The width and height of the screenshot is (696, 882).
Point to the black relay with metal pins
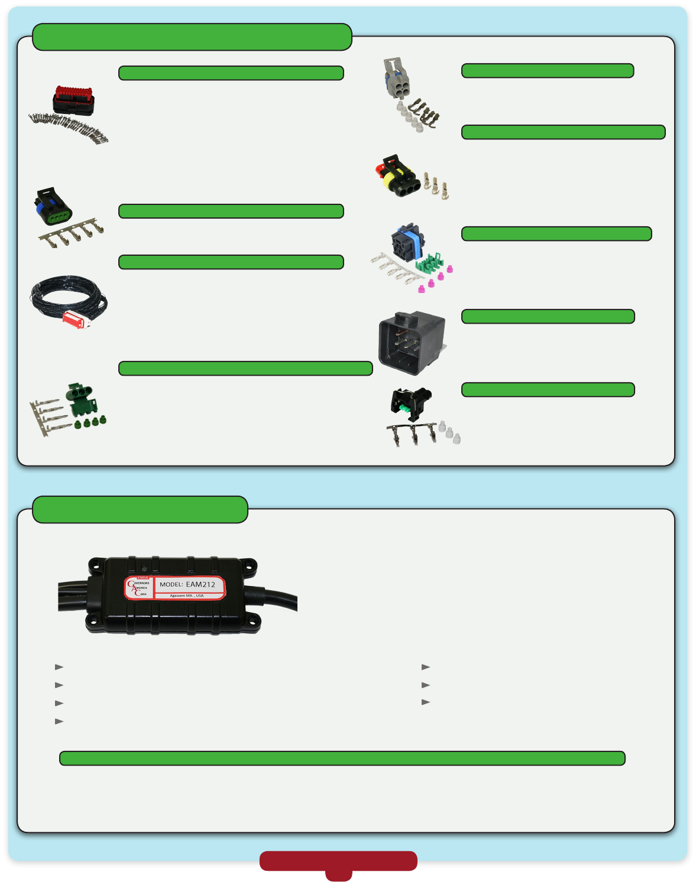412,342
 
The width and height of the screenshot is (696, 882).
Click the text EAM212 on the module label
200,584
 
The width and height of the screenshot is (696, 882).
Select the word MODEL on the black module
171,584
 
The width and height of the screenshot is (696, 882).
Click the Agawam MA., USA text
187,595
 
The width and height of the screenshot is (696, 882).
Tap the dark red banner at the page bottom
338,861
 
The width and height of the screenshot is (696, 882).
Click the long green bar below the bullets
342,758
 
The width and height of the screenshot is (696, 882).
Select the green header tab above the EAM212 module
140,509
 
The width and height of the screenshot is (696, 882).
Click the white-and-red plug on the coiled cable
76,318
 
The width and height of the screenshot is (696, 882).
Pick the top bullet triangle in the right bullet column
425,667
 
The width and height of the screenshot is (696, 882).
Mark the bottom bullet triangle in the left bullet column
59,721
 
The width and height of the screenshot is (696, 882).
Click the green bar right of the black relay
548,316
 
